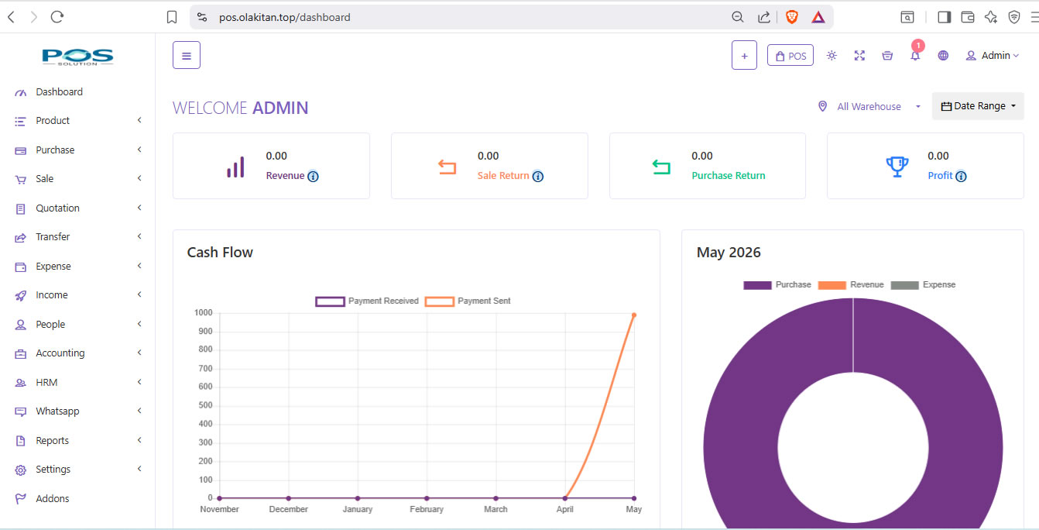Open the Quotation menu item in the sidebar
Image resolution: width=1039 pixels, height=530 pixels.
point(57,208)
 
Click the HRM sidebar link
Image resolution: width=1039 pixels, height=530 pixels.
point(46,383)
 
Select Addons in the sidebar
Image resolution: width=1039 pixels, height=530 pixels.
point(52,498)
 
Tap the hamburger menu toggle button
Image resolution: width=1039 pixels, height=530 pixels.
point(187,55)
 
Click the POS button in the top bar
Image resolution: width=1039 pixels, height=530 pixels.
point(790,56)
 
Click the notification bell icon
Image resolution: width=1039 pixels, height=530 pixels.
point(915,56)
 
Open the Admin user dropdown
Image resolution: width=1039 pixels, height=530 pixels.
point(992,56)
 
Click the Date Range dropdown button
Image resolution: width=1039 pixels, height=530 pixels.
point(979,106)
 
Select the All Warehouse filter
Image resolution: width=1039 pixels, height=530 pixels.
point(869,106)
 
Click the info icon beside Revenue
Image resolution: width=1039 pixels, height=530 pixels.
point(313,177)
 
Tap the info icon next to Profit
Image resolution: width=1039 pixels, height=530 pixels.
point(961,177)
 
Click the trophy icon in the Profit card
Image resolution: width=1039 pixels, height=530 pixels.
point(897,167)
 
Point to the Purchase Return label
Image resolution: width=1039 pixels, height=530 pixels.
point(729,175)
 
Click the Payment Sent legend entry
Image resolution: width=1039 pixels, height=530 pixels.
point(468,301)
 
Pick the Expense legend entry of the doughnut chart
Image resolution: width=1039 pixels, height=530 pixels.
point(923,284)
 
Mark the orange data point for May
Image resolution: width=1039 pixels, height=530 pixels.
point(634,315)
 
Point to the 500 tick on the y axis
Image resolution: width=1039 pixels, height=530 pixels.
point(205,405)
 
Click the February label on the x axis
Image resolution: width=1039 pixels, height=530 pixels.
point(427,509)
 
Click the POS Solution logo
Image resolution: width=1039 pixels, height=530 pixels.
point(77,57)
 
